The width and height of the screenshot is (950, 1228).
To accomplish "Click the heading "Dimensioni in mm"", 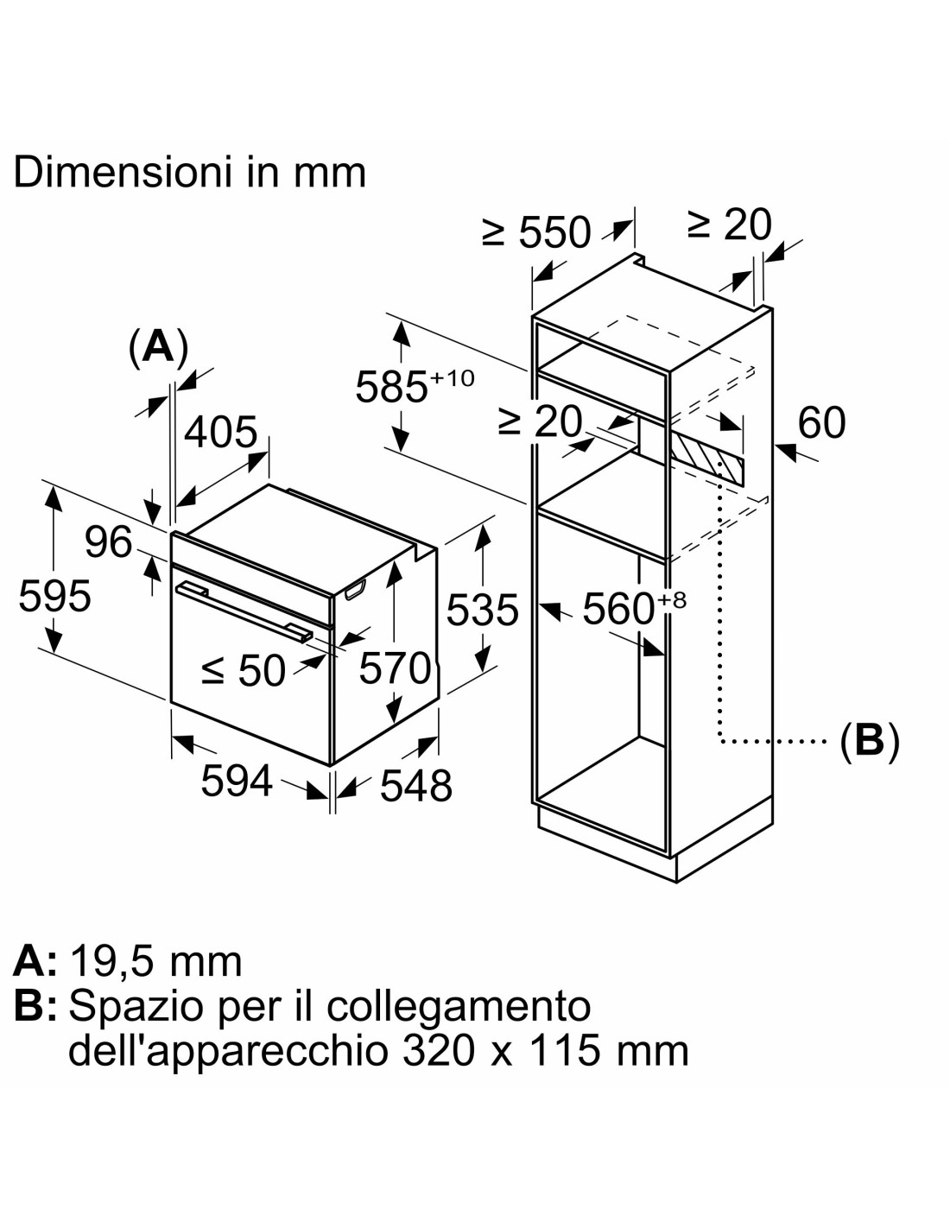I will click(190, 172).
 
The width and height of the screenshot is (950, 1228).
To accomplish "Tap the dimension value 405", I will click(220, 431).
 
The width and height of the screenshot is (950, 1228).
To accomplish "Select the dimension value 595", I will click(54, 596).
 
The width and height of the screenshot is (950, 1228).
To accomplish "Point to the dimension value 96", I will click(108, 541).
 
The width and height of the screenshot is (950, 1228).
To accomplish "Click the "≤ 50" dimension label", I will click(243, 670).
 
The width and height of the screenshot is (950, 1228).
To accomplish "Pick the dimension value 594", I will click(236, 781).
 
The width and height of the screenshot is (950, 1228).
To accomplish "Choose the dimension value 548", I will click(415, 785).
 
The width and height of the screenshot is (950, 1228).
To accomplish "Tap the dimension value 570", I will click(395, 668).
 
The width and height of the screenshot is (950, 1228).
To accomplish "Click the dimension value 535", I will click(482, 610).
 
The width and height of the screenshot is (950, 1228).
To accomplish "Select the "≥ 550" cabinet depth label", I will click(536, 231).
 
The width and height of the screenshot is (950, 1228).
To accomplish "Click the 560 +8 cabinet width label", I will click(633, 608).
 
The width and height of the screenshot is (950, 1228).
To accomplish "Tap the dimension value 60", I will click(821, 422).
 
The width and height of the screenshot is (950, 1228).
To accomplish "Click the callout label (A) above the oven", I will click(158, 347).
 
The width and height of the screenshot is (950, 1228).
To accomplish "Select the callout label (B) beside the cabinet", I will click(870, 740).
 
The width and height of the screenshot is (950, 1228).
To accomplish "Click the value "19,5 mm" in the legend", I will click(155, 960).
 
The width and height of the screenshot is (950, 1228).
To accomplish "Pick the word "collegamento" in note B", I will click(459, 1005).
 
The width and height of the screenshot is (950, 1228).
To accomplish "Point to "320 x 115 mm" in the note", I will click(545, 1050).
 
